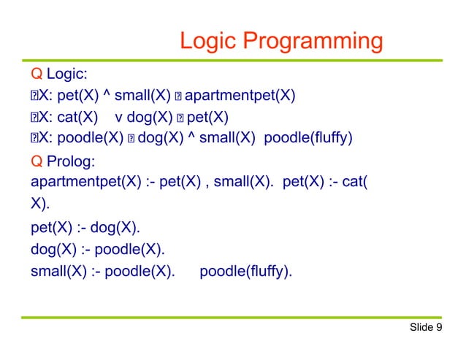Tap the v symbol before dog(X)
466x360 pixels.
(x=119, y=117)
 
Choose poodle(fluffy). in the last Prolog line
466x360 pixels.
(x=246, y=274)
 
